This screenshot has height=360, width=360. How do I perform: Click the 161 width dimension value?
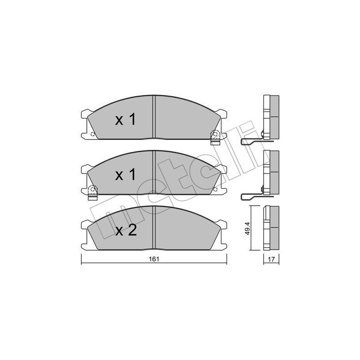pos(154,259)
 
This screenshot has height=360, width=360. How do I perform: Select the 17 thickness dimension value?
pos(271,260)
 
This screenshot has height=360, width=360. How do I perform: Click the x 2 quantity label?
pos(126,230)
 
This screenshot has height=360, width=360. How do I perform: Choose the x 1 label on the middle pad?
pos(126,175)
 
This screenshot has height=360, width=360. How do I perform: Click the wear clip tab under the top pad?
pos(216,141)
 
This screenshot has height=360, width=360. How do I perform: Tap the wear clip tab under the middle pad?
pos(93,197)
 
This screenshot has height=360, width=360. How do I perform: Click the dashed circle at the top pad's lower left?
pos(93,134)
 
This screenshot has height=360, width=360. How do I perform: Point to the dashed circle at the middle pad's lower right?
pos(215,189)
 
